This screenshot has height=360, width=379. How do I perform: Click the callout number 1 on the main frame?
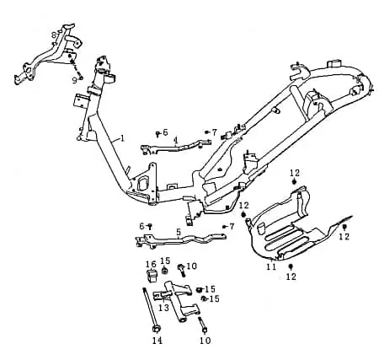point(122,138)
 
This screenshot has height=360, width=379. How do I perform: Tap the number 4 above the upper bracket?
point(175,140)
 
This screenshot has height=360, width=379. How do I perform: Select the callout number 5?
point(179,232)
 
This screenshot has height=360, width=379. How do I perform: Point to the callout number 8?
point(54,35)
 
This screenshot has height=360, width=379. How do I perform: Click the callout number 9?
point(74,81)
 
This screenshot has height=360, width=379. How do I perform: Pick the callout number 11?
point(271,266)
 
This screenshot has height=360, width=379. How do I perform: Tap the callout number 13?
point(164,308)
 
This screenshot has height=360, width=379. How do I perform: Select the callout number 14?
point(157,341)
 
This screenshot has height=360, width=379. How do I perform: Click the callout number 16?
point(151,265)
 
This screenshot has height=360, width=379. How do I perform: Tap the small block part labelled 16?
point(152,275)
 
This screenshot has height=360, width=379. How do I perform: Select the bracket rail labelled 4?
point(175,147)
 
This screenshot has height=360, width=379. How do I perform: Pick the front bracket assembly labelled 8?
point(49,56)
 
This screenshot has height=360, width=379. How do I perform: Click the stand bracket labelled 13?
point(177,301)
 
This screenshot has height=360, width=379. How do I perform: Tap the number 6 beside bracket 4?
point(165,132)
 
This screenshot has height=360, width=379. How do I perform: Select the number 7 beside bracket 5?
point(232,226)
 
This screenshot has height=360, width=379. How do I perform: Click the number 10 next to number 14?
point(206,341)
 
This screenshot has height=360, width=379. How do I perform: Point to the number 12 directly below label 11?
point(291,277)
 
